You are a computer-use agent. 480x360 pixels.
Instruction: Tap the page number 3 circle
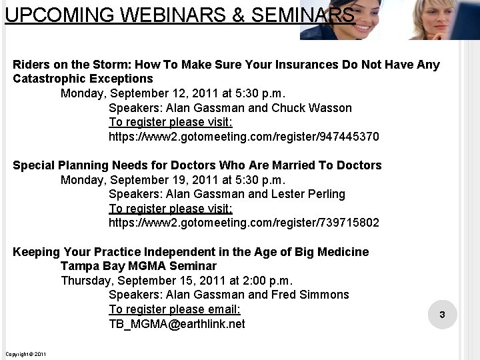point(442,314)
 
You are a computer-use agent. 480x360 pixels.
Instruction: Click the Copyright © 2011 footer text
point(25,353)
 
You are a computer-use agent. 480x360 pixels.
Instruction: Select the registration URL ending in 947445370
point(243,137)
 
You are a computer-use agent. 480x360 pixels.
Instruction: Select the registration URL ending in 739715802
point(243,223)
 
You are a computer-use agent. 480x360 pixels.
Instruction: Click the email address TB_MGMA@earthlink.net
point(177,324)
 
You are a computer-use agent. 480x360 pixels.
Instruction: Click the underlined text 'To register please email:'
point(175,309)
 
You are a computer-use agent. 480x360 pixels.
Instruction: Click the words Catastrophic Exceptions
point(83,79)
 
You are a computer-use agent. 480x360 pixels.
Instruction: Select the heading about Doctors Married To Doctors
point(197,165)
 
